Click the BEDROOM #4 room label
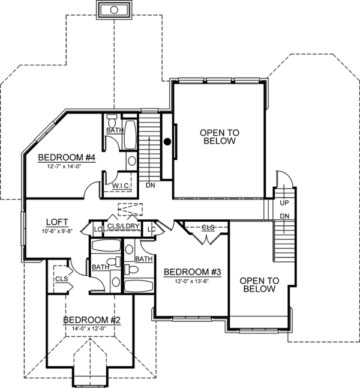67,157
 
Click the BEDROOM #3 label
193,271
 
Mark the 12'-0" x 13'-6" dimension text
193,280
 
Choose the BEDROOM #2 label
92,320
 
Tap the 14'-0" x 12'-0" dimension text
92,329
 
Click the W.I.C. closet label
123,186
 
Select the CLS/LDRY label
125,226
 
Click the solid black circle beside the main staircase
168,142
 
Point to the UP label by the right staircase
285,203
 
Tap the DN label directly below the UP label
285,216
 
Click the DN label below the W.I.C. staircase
151,186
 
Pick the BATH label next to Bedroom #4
114,130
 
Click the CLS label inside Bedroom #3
208,228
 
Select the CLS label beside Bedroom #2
61,279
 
